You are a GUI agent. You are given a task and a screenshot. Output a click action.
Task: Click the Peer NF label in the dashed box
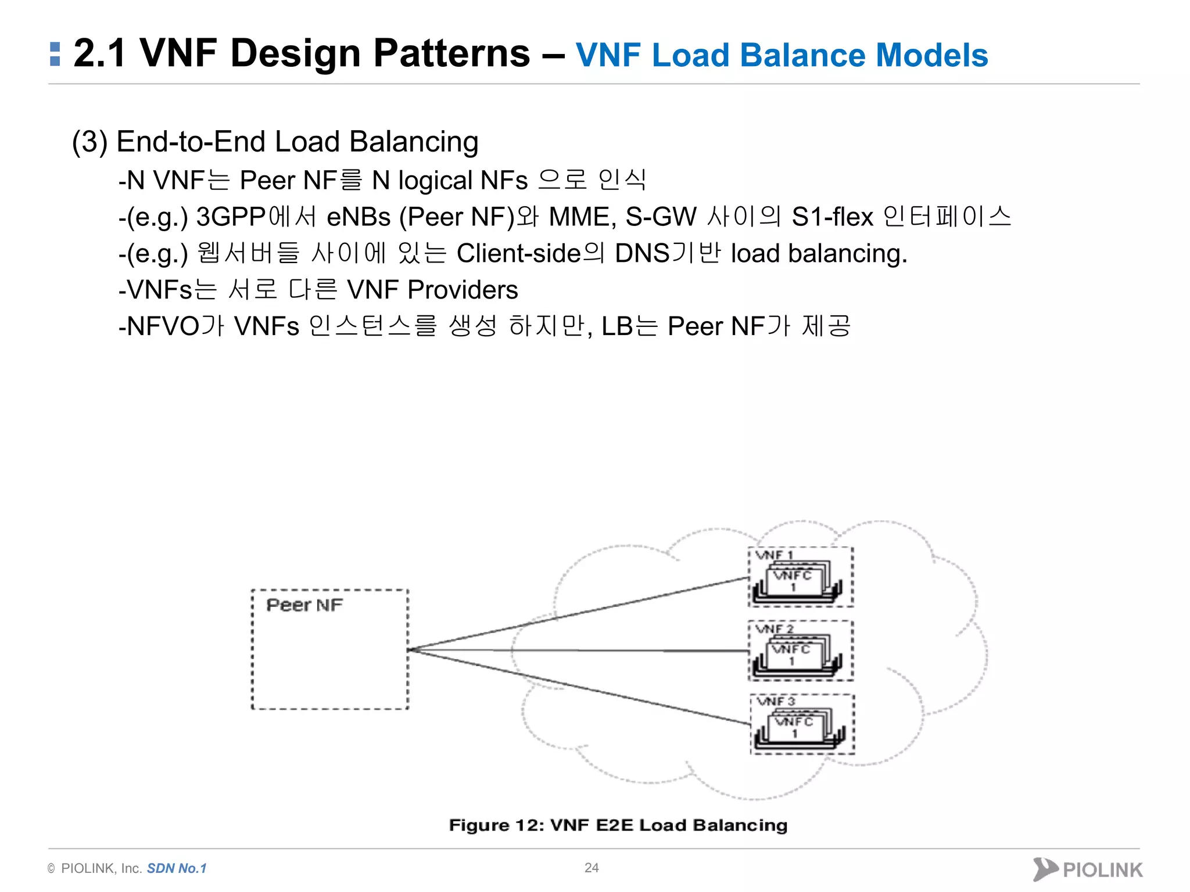(304, 605)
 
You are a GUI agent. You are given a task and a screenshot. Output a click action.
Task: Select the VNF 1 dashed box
(800, 577)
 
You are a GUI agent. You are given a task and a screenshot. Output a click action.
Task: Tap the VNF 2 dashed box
(800, 650)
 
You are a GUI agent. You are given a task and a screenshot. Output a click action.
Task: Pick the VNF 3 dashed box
(802, 724)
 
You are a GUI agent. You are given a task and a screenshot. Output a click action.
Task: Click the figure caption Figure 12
(618, 825)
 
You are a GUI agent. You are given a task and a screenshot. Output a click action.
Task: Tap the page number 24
(592, 868)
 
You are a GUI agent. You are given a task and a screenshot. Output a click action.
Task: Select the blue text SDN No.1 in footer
(177, 868)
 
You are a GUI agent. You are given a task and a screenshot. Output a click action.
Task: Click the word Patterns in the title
(451, 53)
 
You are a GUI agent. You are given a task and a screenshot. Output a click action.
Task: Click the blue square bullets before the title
(55, 53)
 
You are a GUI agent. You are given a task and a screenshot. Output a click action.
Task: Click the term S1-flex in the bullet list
(832, 217)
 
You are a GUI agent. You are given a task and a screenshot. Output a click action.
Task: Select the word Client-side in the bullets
(518, 254)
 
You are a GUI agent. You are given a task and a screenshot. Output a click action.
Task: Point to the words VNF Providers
(432, 290)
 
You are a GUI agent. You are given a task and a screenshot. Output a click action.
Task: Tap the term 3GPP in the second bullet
(231, 217)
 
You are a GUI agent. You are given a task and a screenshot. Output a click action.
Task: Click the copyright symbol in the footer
(51, 869)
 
